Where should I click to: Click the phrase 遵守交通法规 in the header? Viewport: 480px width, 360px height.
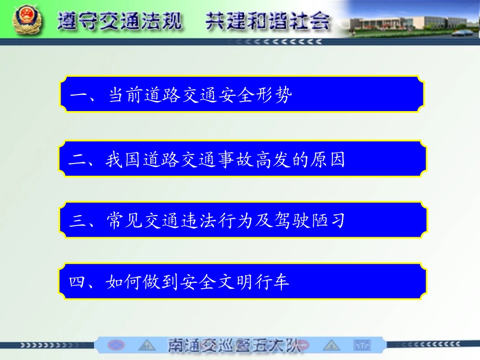click(120, 21)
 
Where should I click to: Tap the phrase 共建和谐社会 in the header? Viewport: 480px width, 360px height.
click(268, 21)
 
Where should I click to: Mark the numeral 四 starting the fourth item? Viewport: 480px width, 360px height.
click(79, 282)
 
